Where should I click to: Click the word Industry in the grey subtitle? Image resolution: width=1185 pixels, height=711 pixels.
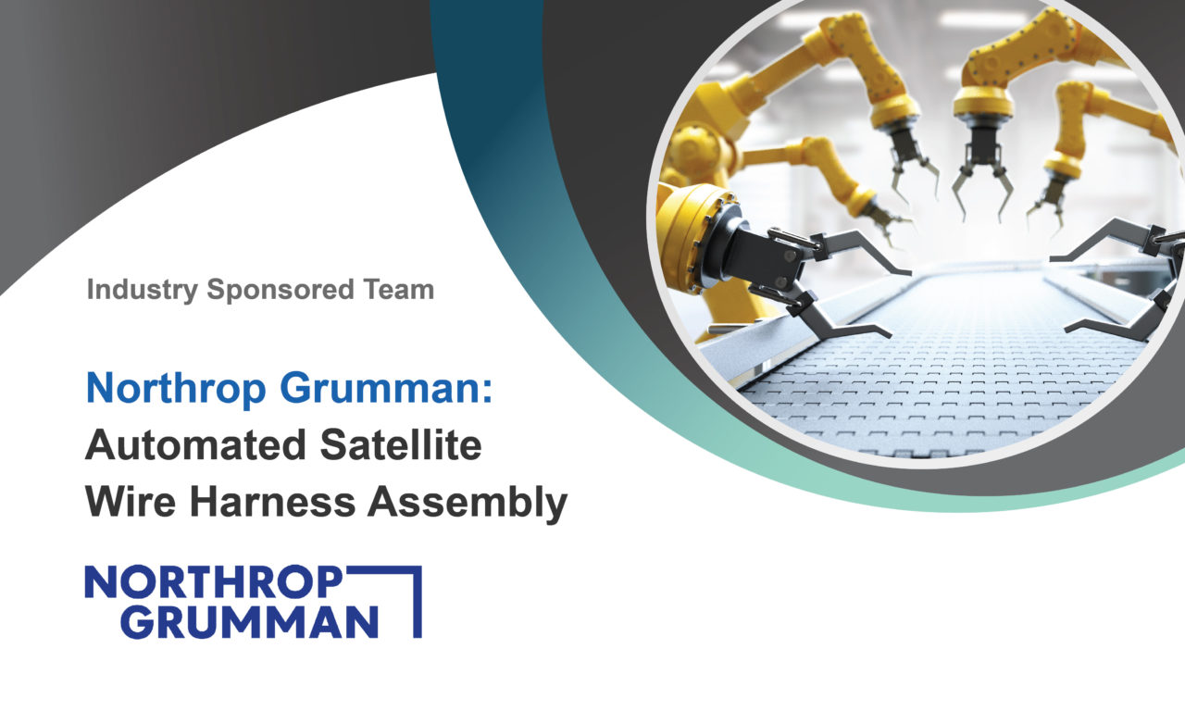point(143,290)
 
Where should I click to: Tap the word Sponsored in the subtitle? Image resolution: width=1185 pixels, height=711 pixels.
point(281,290)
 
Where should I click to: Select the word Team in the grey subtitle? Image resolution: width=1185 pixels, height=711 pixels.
point(398,290)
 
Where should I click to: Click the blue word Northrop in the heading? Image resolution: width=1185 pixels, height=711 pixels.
point(176,389)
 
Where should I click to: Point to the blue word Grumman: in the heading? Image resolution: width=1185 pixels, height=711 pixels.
point(386,388)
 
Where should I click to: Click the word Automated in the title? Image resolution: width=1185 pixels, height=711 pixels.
point(195,445)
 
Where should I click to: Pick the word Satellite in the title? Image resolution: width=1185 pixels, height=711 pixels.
point(401,445)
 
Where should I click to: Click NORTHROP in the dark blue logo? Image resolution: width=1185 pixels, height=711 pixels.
point(214,582)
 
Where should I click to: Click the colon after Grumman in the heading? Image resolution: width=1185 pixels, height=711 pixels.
point(487,392)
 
